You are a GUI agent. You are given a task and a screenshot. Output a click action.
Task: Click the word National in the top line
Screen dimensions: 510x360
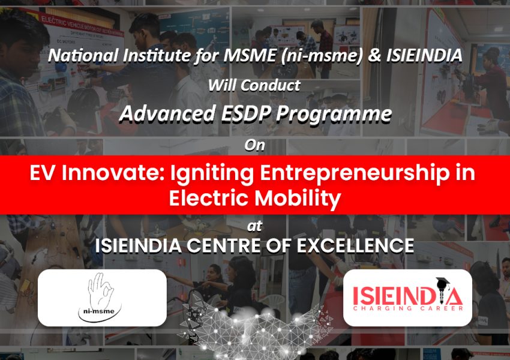pos(83,55)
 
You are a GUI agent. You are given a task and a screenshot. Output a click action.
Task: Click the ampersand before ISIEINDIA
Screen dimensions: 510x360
pos(374,55)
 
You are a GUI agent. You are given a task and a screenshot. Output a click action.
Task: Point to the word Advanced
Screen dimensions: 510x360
pos(167,113)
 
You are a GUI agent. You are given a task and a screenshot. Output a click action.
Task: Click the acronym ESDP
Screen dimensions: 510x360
pos(246,113)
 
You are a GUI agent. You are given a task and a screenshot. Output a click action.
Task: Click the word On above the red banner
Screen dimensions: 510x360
pos(254,145)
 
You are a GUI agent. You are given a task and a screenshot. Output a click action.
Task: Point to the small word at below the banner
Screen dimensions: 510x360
pos(254,226)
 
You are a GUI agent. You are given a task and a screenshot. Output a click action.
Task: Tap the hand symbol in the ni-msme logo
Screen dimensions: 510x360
pos(100,290)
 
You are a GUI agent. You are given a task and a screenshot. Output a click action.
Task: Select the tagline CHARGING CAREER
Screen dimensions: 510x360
pos(408,308)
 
